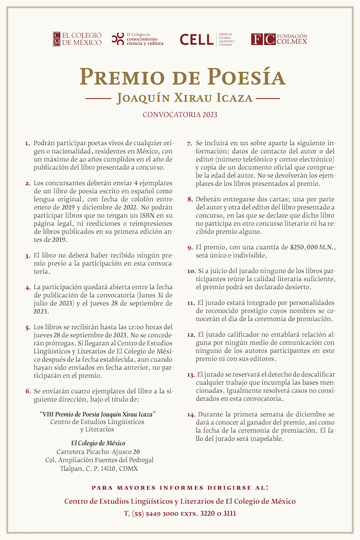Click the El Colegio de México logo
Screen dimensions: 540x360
[77, 39]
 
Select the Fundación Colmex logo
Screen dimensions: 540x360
[279, 39]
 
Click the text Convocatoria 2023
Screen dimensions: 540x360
[179, 114]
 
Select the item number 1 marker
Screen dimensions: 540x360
[28, 142]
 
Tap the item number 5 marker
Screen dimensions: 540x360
[28, 328]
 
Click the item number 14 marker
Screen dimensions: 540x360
[191, 415]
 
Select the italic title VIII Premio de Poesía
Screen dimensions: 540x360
[98, 414]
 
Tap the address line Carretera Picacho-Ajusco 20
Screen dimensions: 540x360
[98, 452]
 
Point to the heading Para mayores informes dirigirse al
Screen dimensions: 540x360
[179, 487]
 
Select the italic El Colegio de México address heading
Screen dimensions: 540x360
[98, 443]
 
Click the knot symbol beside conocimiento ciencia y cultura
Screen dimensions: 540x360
[118, 39]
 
